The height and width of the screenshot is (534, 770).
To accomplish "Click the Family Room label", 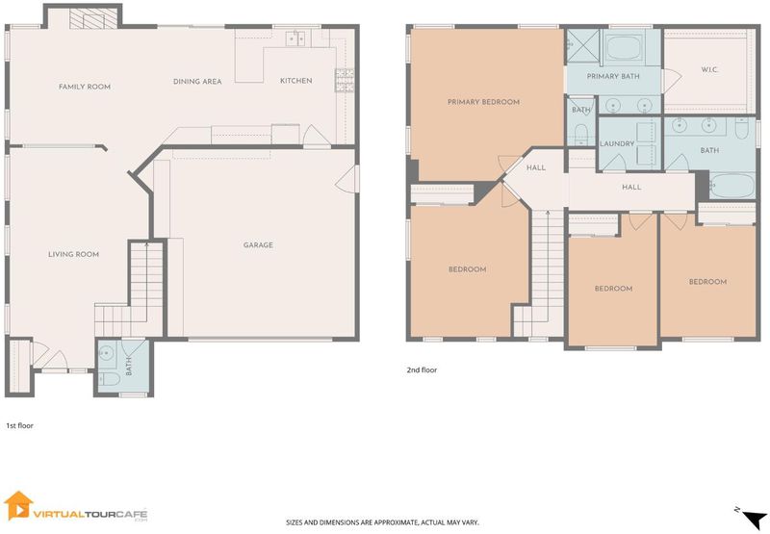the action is point(85,87).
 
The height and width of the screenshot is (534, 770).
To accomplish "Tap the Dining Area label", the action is point(197,82).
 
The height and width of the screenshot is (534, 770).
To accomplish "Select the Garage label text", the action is point(258,245).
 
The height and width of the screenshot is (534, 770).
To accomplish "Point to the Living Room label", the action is point(74,254).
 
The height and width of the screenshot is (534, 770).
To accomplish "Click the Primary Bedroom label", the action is point(484,102).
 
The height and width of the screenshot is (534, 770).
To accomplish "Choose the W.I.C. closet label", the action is point(709,69).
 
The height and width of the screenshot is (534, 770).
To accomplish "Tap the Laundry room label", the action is point(617,143).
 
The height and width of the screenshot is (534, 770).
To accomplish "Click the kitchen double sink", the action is point(295,38).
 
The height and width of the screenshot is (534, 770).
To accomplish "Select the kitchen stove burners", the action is point(345,80).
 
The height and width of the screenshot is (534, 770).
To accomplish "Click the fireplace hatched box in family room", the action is point(93,20).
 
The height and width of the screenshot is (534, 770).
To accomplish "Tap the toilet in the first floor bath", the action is point(109,379).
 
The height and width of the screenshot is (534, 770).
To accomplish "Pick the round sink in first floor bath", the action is point(107,352).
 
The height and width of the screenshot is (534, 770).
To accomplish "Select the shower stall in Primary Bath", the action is point(583,46).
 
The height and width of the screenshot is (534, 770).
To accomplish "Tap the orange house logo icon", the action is point(18,505).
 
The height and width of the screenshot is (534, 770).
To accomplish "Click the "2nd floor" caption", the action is point(422,370).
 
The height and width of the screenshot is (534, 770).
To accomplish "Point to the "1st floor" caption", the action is point(19,426).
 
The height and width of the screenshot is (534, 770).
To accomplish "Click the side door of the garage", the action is point(347,179).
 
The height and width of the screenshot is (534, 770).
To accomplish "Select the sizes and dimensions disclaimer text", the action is point(382,522).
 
